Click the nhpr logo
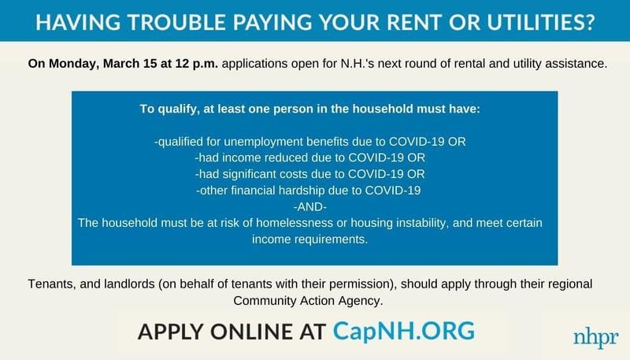(x=596, y=338)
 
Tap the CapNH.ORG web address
(x=404, y=331)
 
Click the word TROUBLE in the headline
(x=176, y=22)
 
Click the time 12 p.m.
(x=196, y=64)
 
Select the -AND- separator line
(x=310, y=207)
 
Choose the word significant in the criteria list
(x=248, y=174)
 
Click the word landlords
(x=129, y=284)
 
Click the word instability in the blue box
(x=421, y=223)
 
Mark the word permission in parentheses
(x=361, y=284)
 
